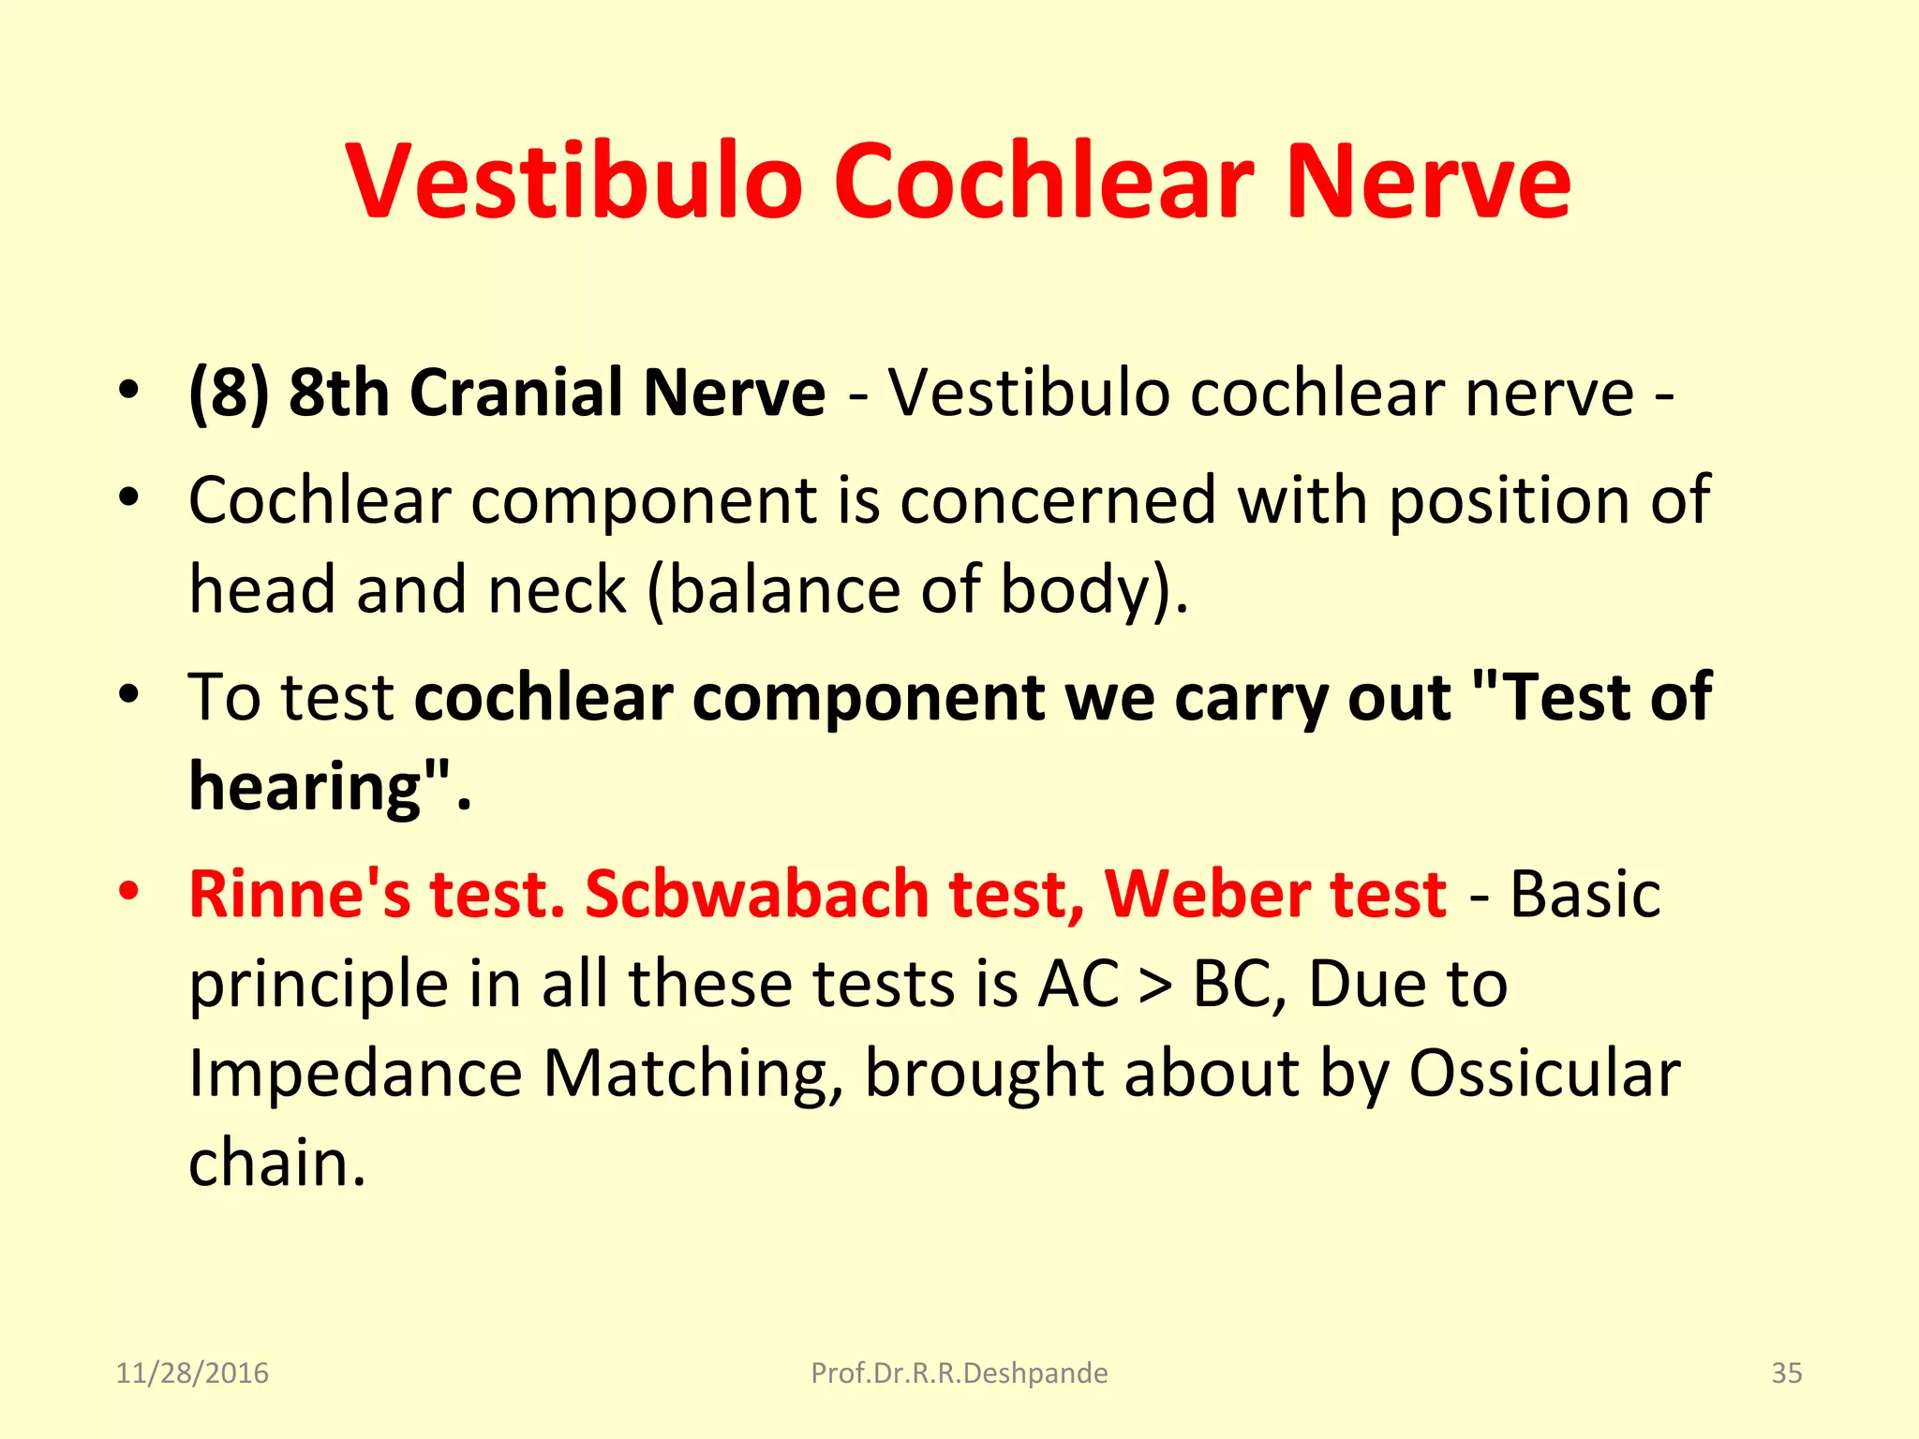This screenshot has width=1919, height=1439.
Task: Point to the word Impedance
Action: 355,1074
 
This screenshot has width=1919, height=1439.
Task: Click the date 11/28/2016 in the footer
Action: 192,1373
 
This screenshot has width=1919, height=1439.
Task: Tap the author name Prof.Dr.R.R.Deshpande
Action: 959,1373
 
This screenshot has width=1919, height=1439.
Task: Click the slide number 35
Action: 1786,1373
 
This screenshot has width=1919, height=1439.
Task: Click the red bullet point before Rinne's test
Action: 129,891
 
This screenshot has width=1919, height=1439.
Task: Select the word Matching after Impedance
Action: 693,1074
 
